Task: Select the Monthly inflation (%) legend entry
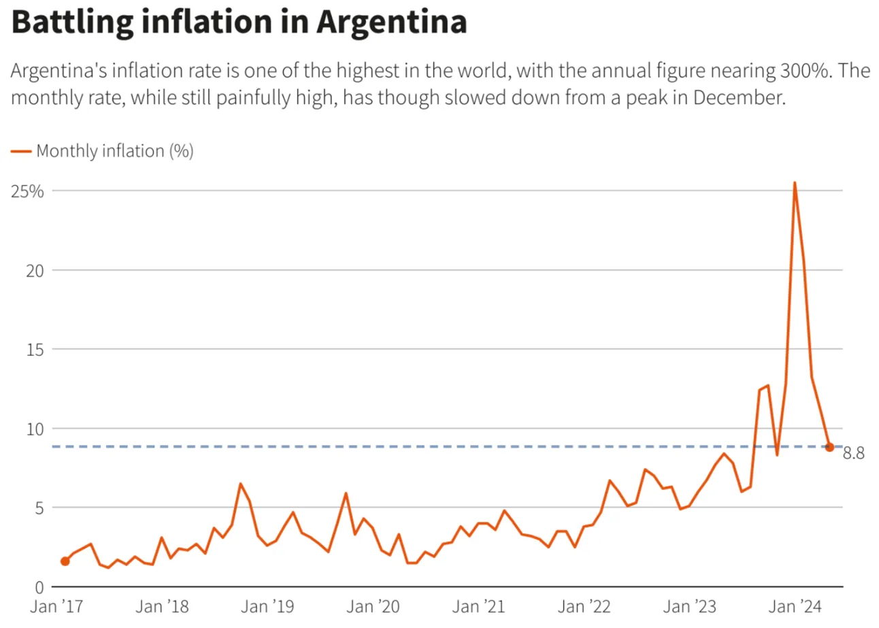coord(114,151)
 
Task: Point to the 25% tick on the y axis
coord(28,191)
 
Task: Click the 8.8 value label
coord(853,454)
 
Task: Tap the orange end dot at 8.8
coord(829,447)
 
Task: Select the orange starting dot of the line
coord(65,561)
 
